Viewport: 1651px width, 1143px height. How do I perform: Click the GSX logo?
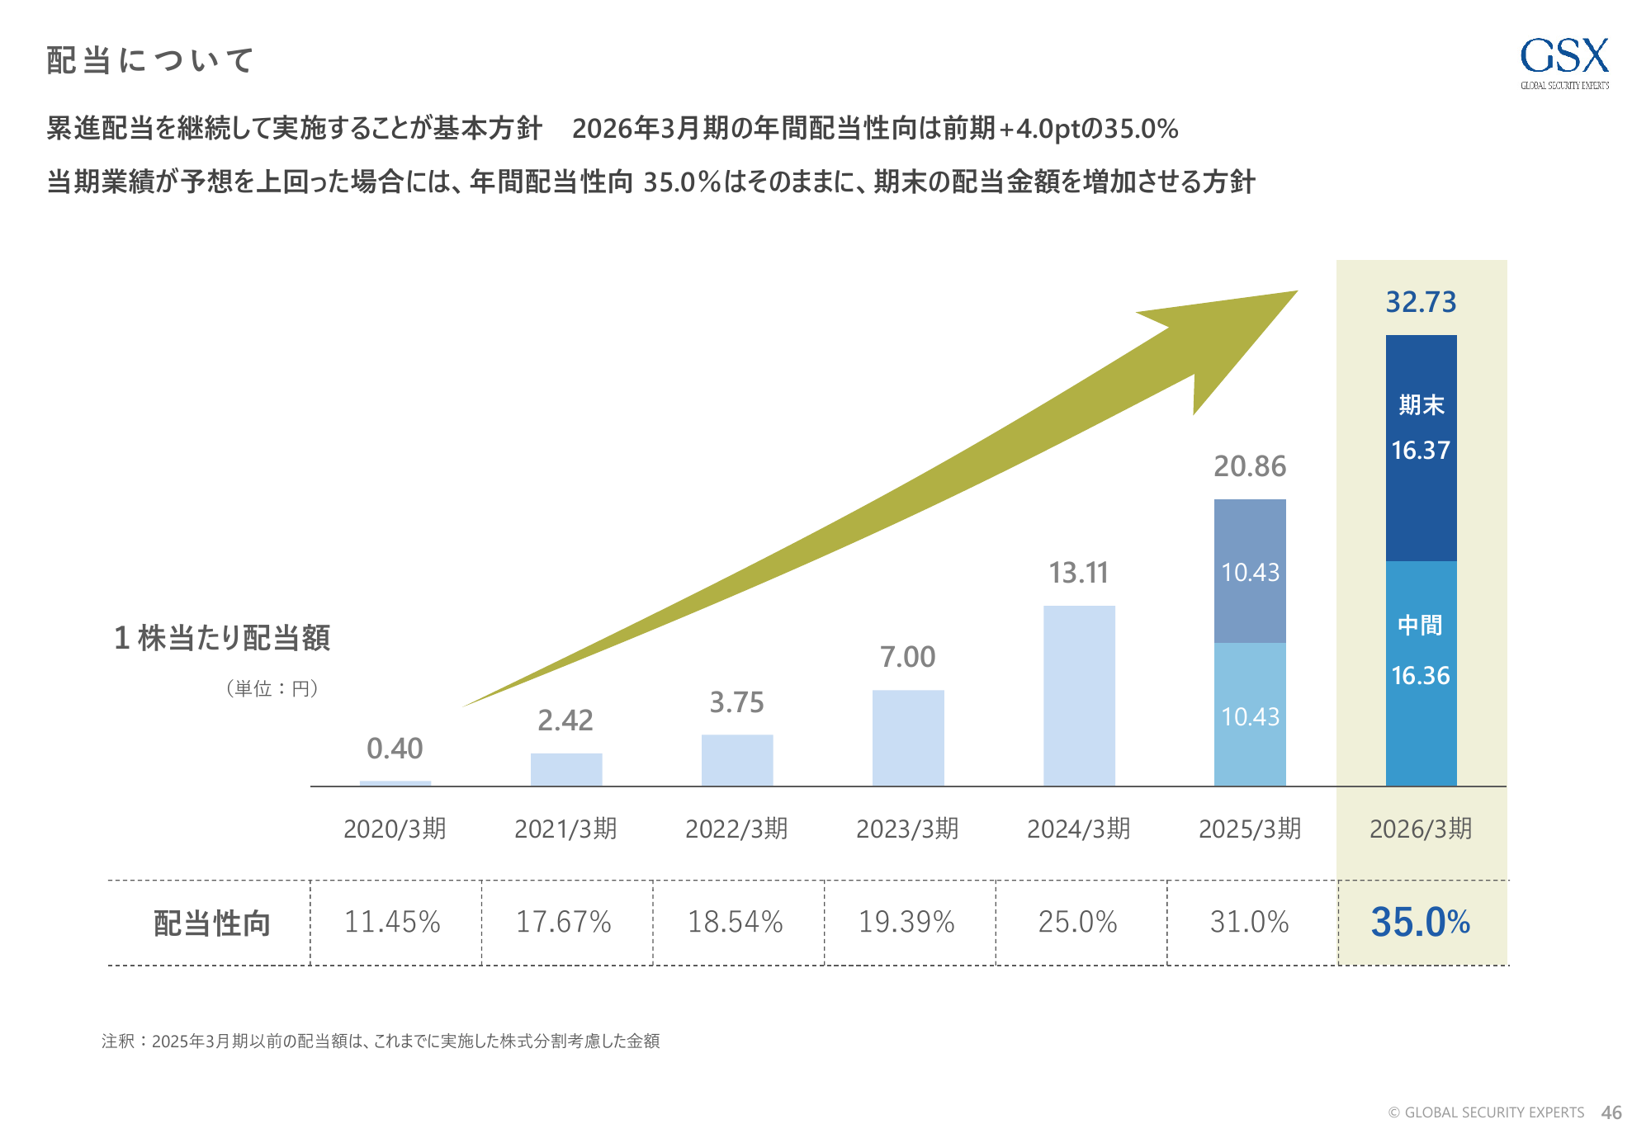1564,62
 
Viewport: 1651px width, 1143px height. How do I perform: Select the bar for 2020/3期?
395,782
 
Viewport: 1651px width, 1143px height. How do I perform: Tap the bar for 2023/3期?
908,738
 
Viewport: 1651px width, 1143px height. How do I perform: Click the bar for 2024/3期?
1079,696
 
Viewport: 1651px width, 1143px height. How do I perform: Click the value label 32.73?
1421,302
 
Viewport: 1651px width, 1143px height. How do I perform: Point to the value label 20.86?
1250,466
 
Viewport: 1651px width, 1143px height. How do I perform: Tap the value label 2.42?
565,720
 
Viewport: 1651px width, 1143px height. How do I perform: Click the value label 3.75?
737,702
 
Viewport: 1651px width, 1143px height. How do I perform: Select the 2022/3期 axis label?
736,829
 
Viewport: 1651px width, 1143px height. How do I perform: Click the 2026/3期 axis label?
1421,829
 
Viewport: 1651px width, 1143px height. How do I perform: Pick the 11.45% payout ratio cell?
393,922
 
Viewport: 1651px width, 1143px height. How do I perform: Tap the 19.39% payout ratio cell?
907,922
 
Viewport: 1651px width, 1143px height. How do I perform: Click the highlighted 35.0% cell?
1421,922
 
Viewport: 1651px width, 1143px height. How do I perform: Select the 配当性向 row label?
212,923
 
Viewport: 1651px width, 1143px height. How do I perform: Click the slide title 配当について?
149,60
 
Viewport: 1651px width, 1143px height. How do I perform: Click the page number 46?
1611,1112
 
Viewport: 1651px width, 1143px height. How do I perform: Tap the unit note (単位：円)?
272,688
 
